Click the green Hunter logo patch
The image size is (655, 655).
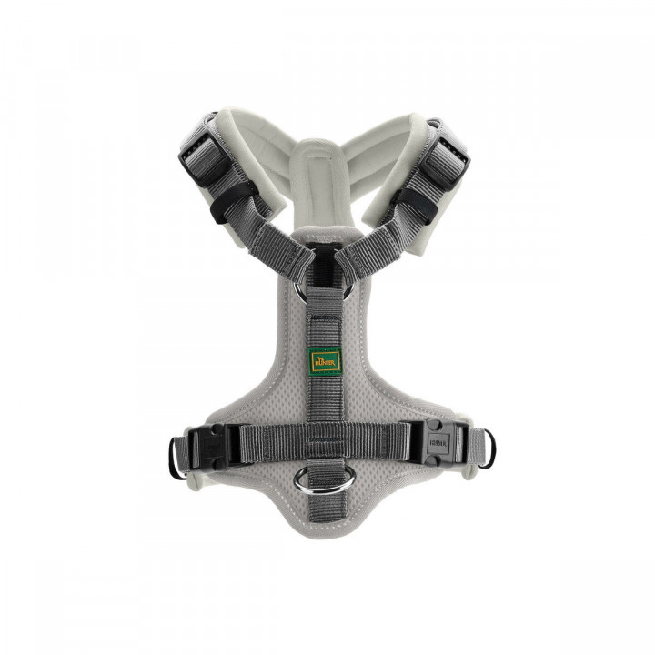(325, 358)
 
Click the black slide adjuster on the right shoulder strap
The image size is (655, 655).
(447, 150)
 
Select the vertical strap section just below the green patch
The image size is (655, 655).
(325, 396)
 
